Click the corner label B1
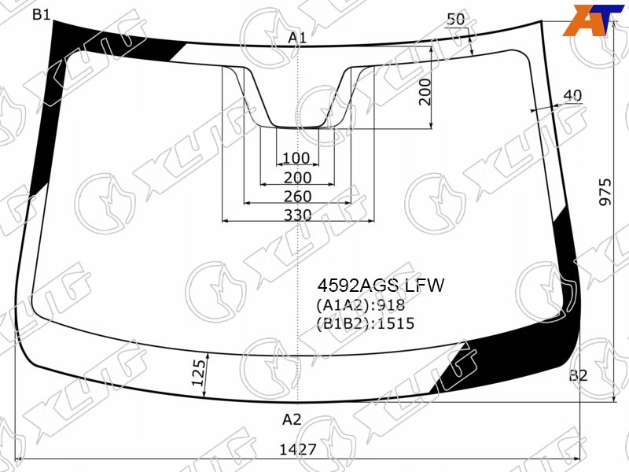(41, 15)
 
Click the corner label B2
(578, 376)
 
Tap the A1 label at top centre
(297, 38)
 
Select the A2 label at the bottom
(292, 419)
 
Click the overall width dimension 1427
(298, 449)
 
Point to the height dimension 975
(605, 192)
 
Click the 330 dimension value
(298, 215)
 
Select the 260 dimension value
(298, 196)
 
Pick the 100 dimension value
(296, 158)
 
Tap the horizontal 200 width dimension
(298, 178)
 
